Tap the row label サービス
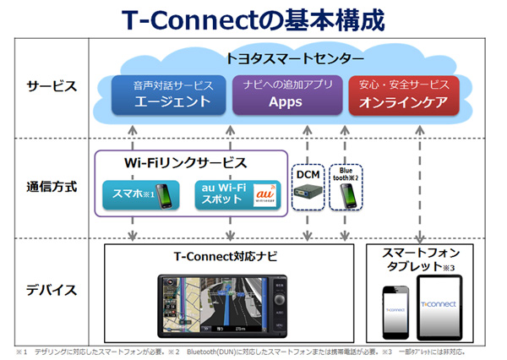pyautogui.click(x=52, y=86)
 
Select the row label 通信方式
pyautogui.click(x=52, y=187)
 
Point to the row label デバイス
pyautogui.click(x=52, y=289)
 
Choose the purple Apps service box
pyautogui.click(x=286, y=95)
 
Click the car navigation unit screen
pyautogui.click(x=221, y=305)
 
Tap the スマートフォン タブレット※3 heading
pyautogui.click(x=420, y=260)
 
